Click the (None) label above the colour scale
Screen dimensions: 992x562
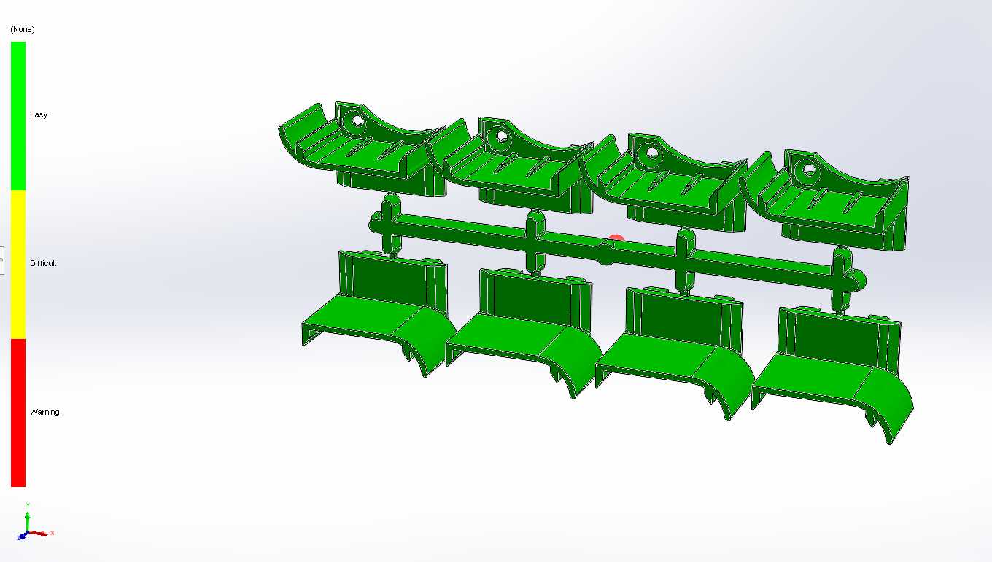[x=23, y=30]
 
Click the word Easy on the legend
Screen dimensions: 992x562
[x=39, y=114]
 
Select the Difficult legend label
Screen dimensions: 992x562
[x=43, y=263]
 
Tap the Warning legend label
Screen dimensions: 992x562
[x=44, y=412]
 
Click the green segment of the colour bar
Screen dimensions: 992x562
[x=18, y=116]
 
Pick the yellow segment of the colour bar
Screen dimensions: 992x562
[x=18, y=265]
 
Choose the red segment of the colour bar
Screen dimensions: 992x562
[x=18, y=413]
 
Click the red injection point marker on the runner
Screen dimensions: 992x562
[x=616, y=238]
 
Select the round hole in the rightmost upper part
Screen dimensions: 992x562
[x=809, y=170]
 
